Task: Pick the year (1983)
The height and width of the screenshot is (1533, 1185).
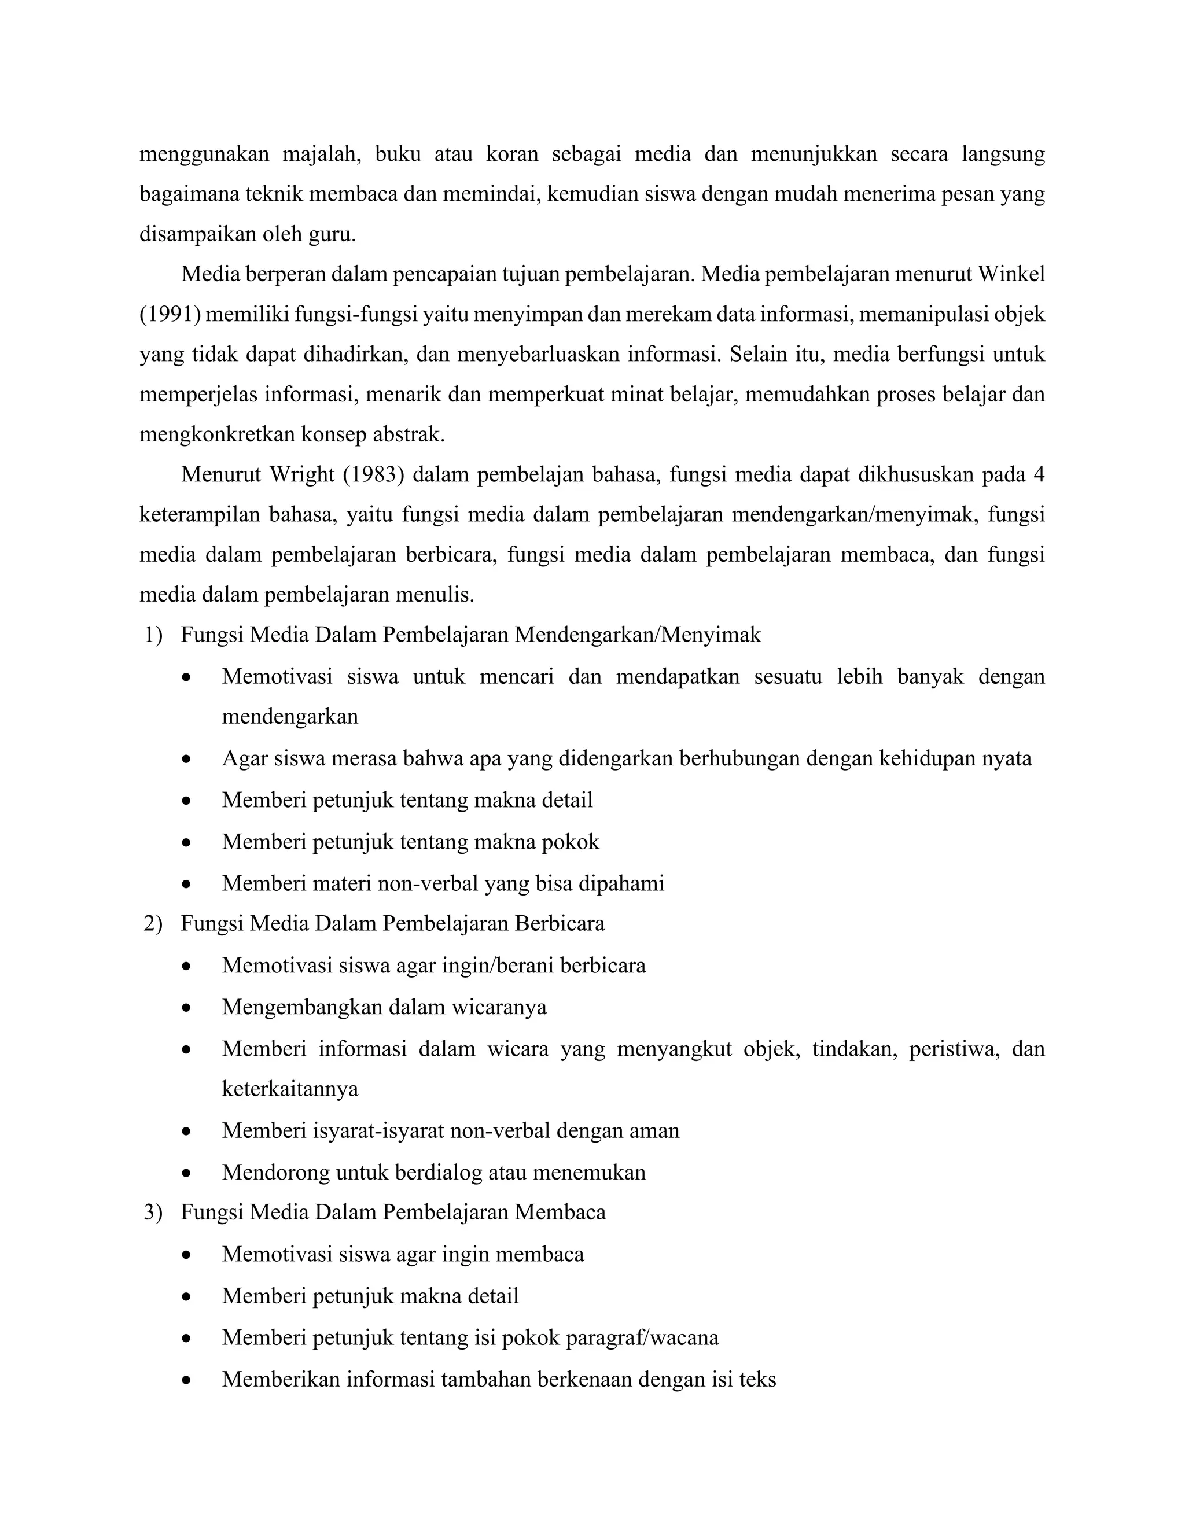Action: point(373,475)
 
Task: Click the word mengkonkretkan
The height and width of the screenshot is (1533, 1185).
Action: point(217,435)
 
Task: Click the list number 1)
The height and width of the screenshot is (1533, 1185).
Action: point(153,635)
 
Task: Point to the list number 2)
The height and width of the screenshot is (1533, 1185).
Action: point(153,924)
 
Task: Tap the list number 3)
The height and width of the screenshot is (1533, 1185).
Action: point(153,1212)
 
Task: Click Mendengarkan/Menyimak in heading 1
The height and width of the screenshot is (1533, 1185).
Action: point(638,635)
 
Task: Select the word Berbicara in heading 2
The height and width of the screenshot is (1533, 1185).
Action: point(559,924)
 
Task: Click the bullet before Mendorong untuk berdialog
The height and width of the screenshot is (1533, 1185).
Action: point(186,1173)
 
